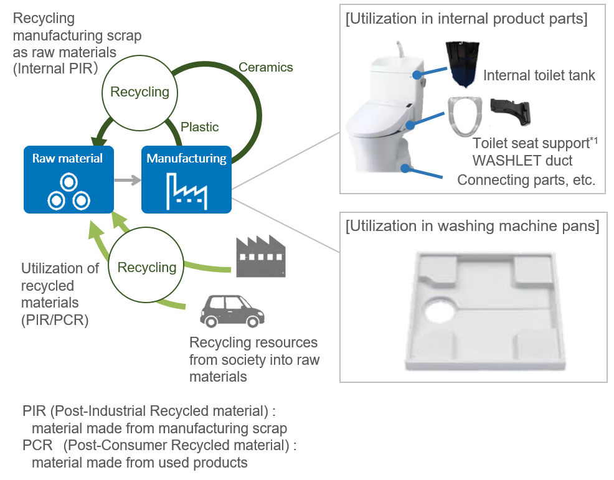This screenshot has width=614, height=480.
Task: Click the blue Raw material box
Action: click(68, 179)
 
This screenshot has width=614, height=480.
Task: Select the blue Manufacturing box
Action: click(186, 179)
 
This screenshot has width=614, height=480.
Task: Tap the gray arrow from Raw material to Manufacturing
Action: click(128, 181)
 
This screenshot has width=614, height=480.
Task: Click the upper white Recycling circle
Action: click(139, 92)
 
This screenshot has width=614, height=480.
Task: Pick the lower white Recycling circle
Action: click(147, 268)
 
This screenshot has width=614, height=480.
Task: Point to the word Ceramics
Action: click(266, 67)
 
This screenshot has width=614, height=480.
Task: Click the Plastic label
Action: click(199, 127)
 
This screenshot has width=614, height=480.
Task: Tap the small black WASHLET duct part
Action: click(511, 111)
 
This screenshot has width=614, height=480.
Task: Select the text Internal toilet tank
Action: click(539, 76)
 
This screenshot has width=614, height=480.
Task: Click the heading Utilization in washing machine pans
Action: click(472, 225)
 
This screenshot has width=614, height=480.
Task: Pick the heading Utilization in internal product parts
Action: click(466, 19)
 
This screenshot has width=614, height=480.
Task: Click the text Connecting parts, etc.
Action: click(526, 180)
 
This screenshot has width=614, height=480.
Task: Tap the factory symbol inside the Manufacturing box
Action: click(186, 190)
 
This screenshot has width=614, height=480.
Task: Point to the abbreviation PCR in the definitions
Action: click(37, 446)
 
